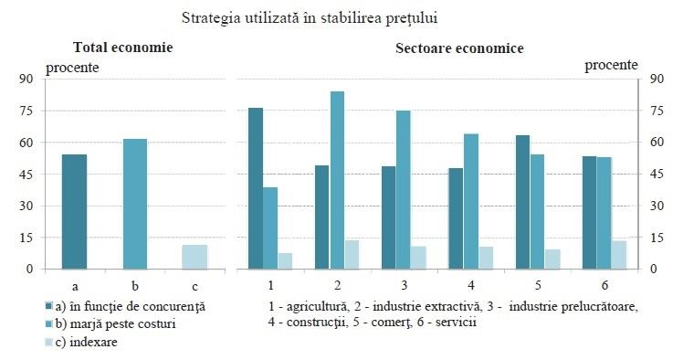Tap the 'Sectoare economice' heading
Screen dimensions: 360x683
459,48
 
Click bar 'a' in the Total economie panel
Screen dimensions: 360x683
74,212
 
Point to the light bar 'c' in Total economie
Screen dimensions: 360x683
194,257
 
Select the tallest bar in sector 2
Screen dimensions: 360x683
337,180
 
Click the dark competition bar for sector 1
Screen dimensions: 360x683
256,188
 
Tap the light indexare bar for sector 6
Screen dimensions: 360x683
619,255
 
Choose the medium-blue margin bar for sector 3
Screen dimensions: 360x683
403,190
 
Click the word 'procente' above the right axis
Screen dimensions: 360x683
611,65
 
